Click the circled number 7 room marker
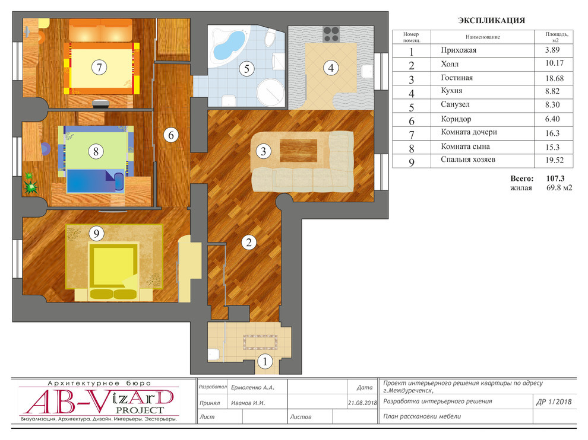click(x=99, y=68)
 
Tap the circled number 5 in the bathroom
click(x=246, y=69)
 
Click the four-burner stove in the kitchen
click(x=331, y=34)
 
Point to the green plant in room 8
click(x=30, y=183)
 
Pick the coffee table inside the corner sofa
click(x=299, y=150)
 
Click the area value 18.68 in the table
click(x=554, y=78)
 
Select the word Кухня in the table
click(x=451, y=91)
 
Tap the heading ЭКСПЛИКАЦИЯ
click(x=491, y=21)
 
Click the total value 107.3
click(x=555, y=178)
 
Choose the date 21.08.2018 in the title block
click(x=362, y=403)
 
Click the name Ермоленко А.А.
click(x=252, y=388)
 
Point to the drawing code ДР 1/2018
click(x=554, y=402)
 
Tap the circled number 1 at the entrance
click(x=265, y=362)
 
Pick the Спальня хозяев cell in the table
click(x=468, y=160)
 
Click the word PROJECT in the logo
click(x=140, y=410)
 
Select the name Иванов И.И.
click(x=248, y=403)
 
